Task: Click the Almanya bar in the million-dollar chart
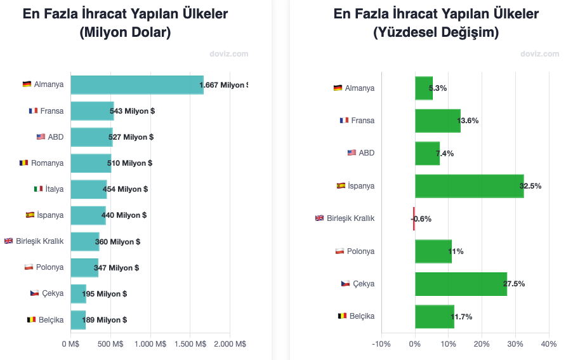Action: click(136, 85)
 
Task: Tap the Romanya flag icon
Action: click(24, 163)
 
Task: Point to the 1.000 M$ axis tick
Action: click(150, 343)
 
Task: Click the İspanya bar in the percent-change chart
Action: click(469, 186)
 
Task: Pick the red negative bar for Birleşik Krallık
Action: click(414, 218)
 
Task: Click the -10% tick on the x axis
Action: click(381, 343)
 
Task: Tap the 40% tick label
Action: click(548, 343)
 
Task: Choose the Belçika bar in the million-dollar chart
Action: click(78, 319)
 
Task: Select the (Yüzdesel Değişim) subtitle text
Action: click(436, 32)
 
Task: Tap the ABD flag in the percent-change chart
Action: click(352, 153)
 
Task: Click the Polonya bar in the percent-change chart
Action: click(433, 251)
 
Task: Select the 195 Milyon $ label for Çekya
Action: click(105, 293)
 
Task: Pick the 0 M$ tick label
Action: click(70, 343)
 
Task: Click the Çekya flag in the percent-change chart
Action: click(345, 284)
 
